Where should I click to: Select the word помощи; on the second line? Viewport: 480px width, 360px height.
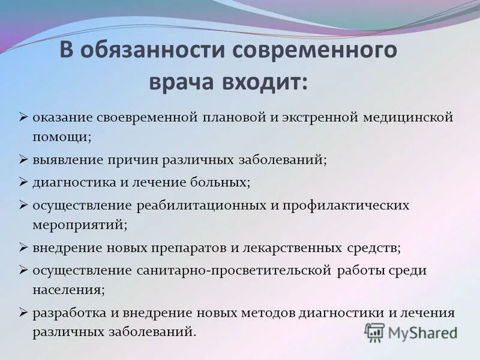pos(62,136)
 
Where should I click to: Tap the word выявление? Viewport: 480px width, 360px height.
pos(67,160)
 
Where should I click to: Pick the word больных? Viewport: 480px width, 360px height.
pos(223,181)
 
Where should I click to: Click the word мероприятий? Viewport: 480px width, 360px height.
pos(80,225)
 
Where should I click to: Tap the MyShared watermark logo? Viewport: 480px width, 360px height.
pos(412,332)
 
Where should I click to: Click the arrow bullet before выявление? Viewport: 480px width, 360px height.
pos(23,160)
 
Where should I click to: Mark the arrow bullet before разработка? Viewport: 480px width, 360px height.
pos(23,312)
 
